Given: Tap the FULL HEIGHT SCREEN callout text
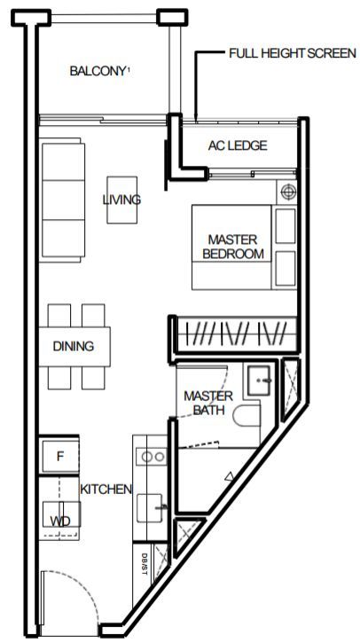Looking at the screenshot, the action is pos(293,53).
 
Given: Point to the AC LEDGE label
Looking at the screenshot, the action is pos(238,145).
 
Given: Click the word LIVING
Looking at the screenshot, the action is pos(121,200).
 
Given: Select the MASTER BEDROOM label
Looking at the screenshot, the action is pos(233,247).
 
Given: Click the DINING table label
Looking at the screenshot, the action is pos(74,347).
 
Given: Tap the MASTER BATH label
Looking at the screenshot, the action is pos(208,403).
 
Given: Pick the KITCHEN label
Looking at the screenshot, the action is pos(106,489).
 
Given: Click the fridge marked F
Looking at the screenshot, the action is pos(59,457).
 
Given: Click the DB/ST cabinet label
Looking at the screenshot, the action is pos(144,564).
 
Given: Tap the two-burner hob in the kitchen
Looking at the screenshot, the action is pos(152,457).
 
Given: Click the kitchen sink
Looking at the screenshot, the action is pos(150,508).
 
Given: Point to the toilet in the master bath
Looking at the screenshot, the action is pos(247,415).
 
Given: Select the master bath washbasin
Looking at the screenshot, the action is pos(259,380).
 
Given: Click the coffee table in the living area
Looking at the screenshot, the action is pos(121,200).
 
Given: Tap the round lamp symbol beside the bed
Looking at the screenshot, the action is pos(289,191).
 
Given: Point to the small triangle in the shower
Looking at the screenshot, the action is pos(229,476).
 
